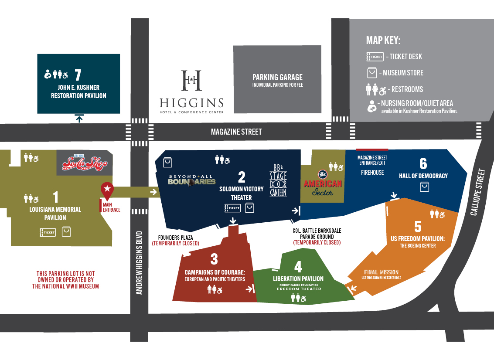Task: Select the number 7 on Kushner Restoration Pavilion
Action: point(78,74)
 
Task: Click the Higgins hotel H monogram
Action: point(191,80)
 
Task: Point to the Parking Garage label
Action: point(277,77)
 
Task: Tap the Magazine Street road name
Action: point(236,132)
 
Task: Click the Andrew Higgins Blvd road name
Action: point(140,262)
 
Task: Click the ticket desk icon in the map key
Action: point(375,57)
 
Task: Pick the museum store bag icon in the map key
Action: point(371,72)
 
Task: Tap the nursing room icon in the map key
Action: point(372,106)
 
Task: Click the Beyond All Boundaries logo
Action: point(192,180)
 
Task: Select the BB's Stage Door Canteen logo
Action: point(278,180)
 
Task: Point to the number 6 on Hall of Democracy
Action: point(423,163)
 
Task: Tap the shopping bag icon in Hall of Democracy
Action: point(424,187)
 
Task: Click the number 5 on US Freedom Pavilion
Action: point(417,227)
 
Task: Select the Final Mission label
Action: point(381,272)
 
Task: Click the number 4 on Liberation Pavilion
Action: point(298,266)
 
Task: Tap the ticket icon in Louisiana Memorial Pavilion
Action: point(48,232)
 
